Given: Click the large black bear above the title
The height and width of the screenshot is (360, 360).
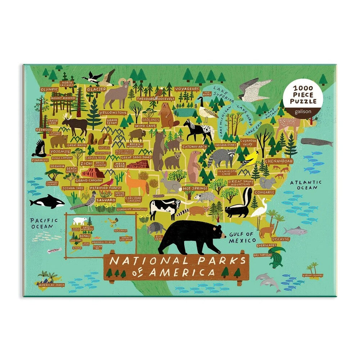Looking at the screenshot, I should tap(189, 236).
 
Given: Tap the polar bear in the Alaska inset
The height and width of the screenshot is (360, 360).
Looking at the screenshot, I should tap(79, 220).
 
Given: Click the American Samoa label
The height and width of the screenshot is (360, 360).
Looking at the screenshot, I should tap(49, 284).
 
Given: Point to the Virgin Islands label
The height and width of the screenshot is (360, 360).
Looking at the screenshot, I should tap(312, 275).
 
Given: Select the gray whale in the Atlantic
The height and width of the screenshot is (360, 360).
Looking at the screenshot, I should tap(317, 142).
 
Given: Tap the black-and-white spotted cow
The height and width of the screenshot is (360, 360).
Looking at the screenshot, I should tap(164, 208).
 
